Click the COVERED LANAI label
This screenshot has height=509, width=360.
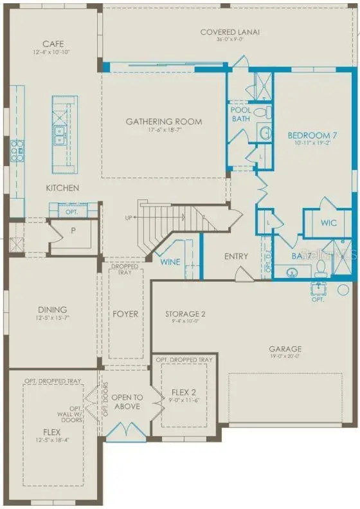click(x=230, y=32)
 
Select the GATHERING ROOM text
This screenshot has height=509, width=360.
click(x=163, y=122)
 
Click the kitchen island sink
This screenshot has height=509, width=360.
click(x=62, y=137)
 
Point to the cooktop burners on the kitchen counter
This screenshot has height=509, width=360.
click(x=17, y=151)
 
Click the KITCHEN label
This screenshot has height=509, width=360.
click(x=62, y=188)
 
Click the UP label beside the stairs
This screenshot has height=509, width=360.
click(x=129, y=217)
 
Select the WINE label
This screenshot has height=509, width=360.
click(x=170, y=263)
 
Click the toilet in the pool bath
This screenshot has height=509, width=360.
click(x=260, y=113)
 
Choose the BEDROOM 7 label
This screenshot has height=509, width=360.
click(x=312, y=135)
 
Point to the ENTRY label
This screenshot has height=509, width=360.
click(x=236, y=256)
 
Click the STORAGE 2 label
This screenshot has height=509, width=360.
click(x=185, y=314)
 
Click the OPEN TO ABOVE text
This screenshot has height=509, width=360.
click(x=127, y=402)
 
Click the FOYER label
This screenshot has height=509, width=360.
click(x=125, y=314)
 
